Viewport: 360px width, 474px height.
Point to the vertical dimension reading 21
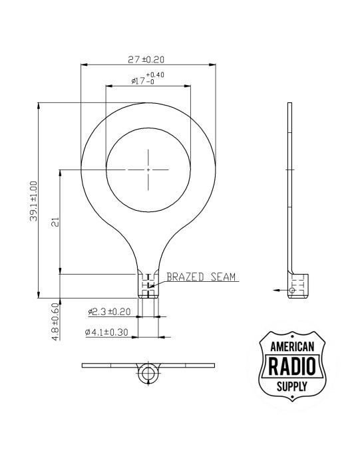55,223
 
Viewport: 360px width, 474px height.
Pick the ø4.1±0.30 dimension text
109,331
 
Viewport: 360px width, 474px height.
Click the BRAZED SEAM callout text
201,277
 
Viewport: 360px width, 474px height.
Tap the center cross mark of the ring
148,170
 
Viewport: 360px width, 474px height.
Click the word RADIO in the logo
293,366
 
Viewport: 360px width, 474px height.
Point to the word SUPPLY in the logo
293,386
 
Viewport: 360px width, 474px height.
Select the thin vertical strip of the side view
289,186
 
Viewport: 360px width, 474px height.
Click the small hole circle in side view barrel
293,291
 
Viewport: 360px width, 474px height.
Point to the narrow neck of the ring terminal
148,256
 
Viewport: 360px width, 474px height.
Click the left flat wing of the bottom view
106,366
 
